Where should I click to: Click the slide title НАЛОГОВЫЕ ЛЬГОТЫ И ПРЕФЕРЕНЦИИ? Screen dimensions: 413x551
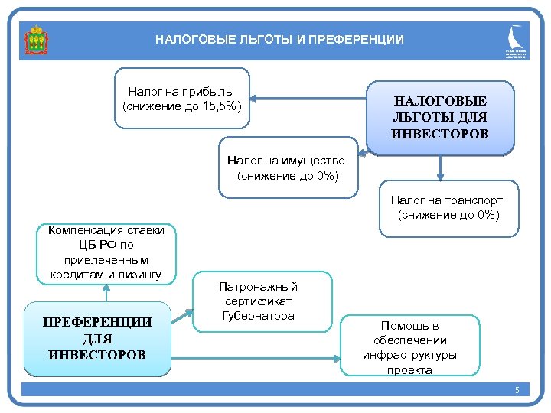point(279,39)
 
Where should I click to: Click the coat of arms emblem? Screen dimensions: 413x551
point(35,39)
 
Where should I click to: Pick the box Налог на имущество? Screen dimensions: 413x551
point(287,168)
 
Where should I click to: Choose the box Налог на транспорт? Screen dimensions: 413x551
point(448,207)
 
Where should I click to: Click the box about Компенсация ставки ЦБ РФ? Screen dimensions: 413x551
point(106,252)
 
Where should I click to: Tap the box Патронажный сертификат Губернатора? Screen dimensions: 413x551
point(259,301)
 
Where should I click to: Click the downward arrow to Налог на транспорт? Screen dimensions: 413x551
point(440,167)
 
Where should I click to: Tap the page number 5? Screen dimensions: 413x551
point(517,391)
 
